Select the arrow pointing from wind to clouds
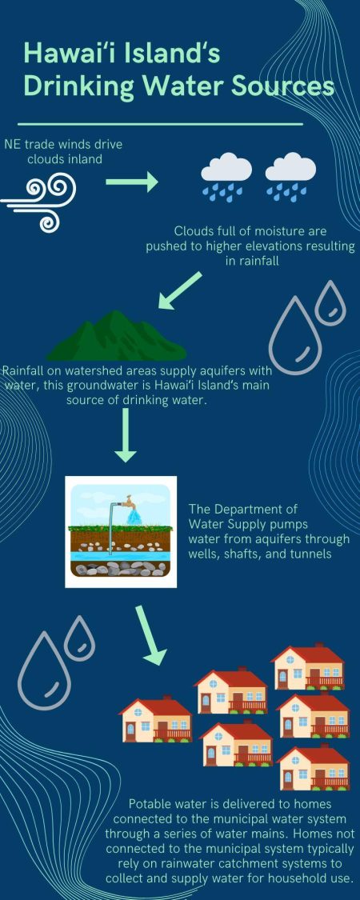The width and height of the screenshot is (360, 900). tap(133, 182)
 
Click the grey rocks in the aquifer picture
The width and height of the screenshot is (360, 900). tap(121, 568)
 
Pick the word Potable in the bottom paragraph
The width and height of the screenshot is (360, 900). tap(153, 803)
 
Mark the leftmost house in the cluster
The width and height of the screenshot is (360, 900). tap(155, 718)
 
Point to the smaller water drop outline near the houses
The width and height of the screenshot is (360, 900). tap(79, 639)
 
